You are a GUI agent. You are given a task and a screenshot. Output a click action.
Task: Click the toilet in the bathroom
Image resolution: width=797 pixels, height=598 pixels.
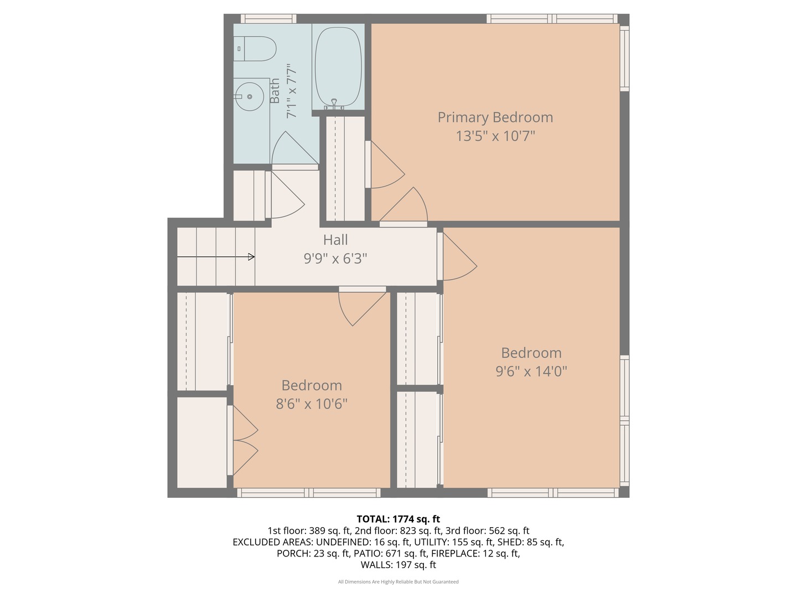255,49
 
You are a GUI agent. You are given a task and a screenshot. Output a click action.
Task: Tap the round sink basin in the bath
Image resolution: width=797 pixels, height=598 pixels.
249,96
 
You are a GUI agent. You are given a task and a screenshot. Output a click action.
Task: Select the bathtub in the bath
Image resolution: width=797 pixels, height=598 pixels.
338,67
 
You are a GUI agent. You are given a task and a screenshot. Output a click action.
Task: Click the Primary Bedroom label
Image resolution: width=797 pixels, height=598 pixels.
495,117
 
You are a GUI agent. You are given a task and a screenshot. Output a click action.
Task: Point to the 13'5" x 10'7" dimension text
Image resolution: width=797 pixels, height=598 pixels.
495,136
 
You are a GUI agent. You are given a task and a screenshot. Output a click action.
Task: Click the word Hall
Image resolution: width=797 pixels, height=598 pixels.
335,240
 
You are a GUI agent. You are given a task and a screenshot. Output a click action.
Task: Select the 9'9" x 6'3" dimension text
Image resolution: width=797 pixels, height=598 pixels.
335,259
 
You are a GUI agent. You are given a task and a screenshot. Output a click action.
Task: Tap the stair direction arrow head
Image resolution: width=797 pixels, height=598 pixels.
251,257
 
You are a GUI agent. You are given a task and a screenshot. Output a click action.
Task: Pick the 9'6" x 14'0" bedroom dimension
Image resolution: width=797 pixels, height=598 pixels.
531,371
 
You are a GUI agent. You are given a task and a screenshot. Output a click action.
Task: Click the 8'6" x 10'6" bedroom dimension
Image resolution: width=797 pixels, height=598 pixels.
312,404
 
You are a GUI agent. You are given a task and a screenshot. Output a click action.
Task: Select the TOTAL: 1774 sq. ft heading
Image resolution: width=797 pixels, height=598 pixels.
398,519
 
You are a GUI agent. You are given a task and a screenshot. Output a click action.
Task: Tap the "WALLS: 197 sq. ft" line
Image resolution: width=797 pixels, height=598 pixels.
398,565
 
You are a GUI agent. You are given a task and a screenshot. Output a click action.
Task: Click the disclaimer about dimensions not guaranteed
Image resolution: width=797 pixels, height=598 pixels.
398,581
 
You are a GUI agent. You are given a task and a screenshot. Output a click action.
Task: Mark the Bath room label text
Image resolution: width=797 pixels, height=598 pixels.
275,91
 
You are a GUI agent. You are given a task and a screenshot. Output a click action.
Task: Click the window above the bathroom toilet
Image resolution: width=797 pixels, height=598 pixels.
268,18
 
